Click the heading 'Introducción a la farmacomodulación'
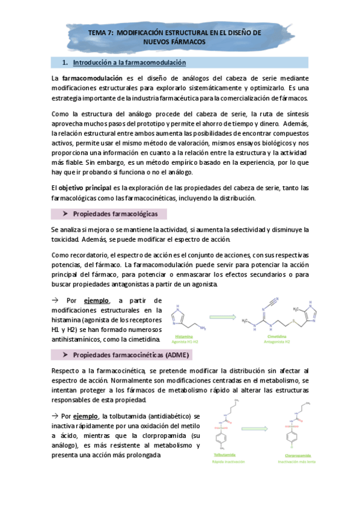click(129, 63)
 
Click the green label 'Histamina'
click(184, 337)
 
